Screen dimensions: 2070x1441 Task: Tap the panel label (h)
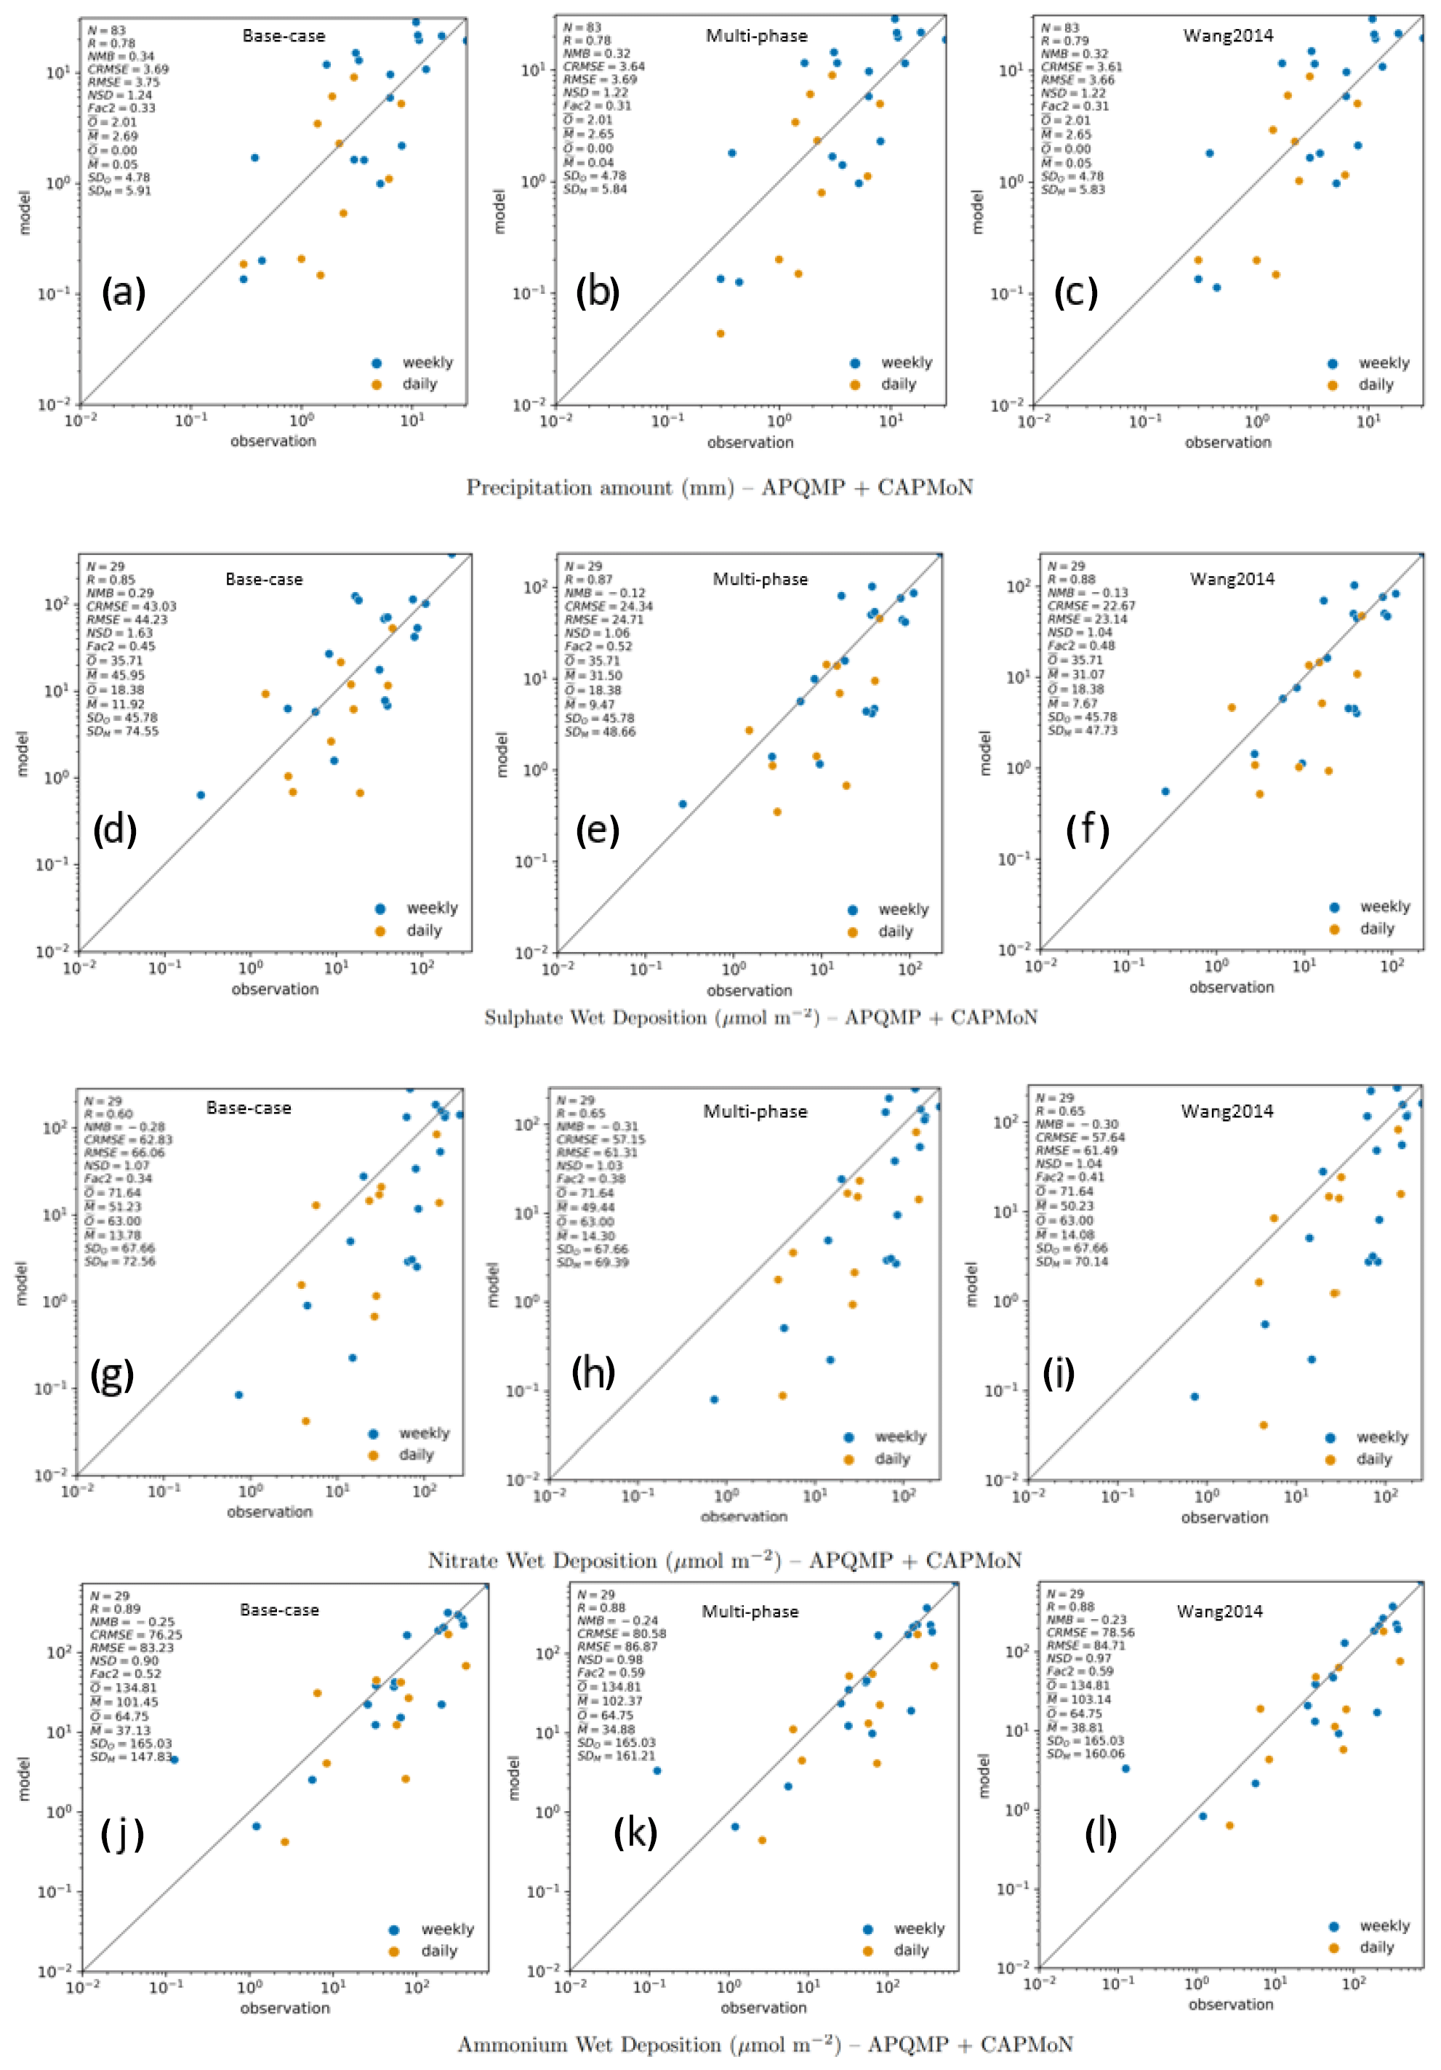(x=593, y=1372)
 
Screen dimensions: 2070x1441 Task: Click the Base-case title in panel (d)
(x=264, y=579)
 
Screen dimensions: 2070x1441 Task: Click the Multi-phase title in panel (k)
(x=750, y=1611)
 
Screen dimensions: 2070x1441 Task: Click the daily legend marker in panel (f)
(x=1335, y=929)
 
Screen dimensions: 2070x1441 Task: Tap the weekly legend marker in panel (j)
(x=394, y=1930)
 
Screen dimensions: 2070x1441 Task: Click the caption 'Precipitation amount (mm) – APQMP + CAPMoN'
(x=719, y=488)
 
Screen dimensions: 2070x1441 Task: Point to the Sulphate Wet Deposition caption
(x=760, y=1018)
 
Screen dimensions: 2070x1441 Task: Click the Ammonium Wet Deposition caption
(x=765, y=2044)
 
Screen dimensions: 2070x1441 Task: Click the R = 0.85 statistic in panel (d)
(x=111, y=580)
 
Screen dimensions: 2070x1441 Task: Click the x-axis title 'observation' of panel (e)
(x=750, y=990)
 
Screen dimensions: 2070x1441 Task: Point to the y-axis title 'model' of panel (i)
(x=971, y=1284)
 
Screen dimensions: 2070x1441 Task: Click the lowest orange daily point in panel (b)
(x=720, y=334)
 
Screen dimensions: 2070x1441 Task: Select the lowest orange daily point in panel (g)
(x=305, y=1421)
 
